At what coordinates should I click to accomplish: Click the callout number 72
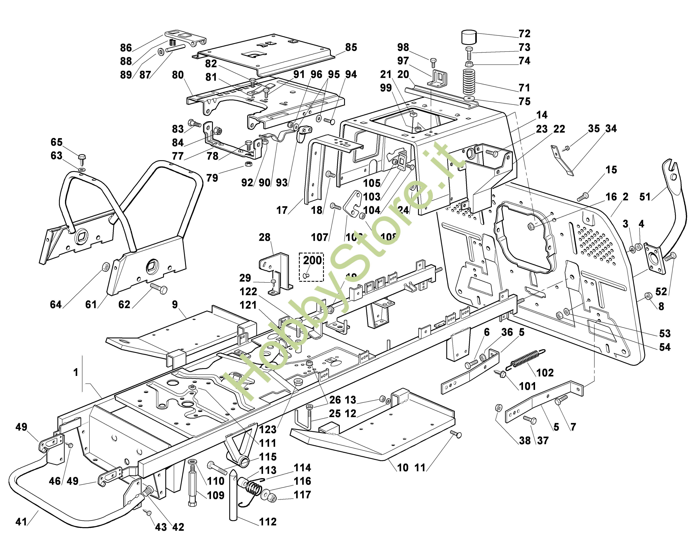[525, 34]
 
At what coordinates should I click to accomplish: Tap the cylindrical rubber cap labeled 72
[469, 38]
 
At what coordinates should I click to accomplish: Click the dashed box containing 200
[311, 267]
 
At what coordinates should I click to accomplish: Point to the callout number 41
[21, 522]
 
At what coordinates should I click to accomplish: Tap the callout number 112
[268, 522]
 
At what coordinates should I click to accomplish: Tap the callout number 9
[175, 305]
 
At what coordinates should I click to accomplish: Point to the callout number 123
[268, 429]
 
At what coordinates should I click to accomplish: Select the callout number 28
[265, 237]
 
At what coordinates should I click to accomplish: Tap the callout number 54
[665, 347]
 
